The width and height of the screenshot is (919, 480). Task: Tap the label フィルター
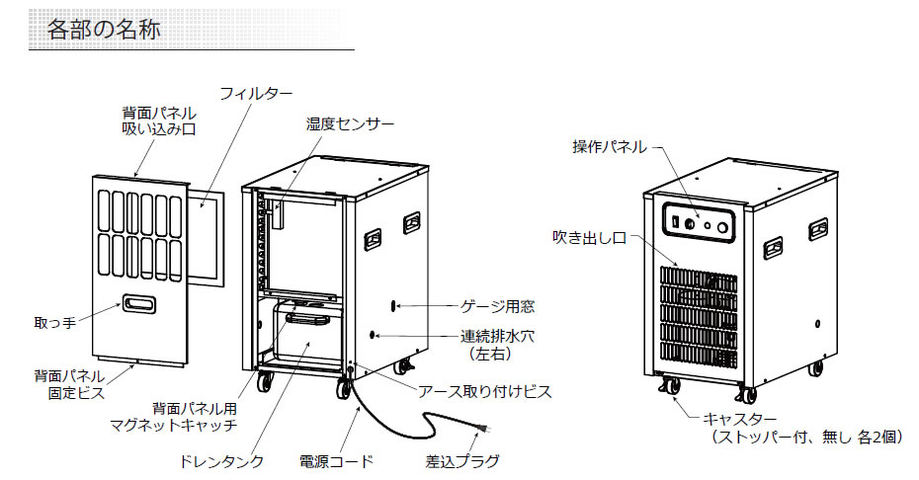pyautogui.click(x=256, y=94)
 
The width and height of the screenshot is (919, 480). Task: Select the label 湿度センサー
pyautogui.click(x=349, y=123)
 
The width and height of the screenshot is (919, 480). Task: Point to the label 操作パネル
pyautogui.click(x=610, y=147)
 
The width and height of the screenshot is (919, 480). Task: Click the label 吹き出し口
pyautogui.click(x=590, y=238)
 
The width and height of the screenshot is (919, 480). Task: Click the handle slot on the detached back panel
pyautogui.click(x=137, y=303)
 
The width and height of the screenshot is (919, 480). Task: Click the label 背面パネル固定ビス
pyautogui.click(x=66, y=383)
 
